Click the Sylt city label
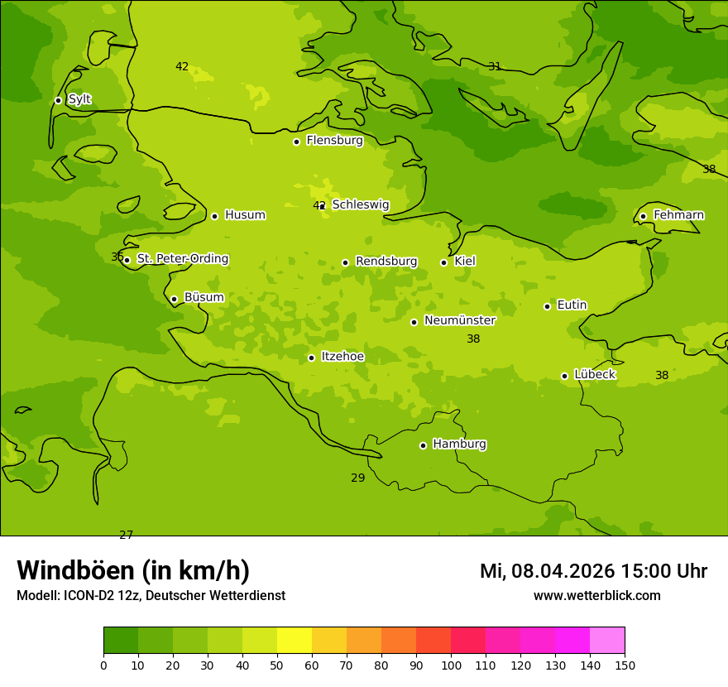click(79, 99)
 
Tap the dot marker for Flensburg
click(296, 142)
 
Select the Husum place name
click(245, 215)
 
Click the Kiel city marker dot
click(443, 262)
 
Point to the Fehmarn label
click(678, 215)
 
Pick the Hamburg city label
click(459, 444)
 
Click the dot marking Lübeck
click(564, 376)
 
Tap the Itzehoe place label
click(342, 357)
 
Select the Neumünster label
click(460, 320)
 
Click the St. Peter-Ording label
click(183, 259)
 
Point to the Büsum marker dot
click(174, 299)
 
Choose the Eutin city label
click(572, 305)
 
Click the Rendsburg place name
click(386, 262)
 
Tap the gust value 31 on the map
click(495, 67)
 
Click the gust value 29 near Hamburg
click(357, 478)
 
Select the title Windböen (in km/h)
click(133, 570)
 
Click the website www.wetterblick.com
click(596, 596)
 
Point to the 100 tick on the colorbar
click(451, 665)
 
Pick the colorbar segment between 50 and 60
click(295, 641)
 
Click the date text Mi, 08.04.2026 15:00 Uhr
click(593, 571)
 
